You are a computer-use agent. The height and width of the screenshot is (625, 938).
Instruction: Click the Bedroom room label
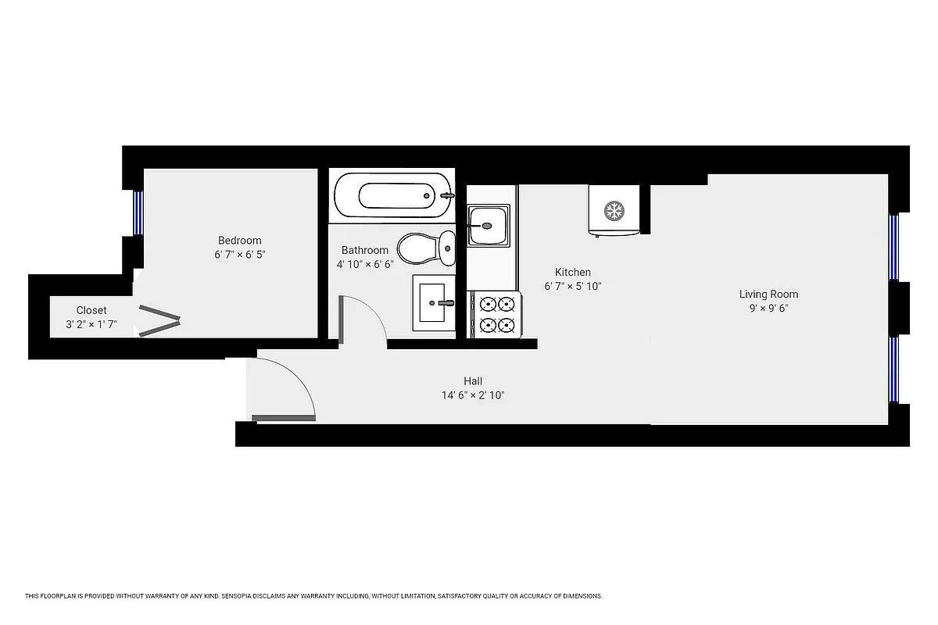[239, 241]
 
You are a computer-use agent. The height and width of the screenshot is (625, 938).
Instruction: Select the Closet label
[91, 310]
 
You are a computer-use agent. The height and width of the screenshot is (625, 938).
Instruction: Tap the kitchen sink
[489, 225]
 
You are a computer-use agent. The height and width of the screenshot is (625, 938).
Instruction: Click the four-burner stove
[496, 314]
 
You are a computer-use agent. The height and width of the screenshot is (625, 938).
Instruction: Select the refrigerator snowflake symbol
[614, 210]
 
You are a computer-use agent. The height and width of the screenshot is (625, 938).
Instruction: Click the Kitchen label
[573, 272]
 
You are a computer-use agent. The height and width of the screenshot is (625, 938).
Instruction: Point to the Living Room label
[768, 295]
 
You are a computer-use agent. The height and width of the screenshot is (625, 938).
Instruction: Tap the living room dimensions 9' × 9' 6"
[768, 309]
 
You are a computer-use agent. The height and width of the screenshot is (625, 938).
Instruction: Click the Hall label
[472, 381]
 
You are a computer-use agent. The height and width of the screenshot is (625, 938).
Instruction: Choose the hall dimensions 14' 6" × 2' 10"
[472, 395]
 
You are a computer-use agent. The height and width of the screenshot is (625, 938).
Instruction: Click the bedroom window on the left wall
[138, 212]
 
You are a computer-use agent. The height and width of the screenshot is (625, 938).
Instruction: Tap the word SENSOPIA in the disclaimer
[245, 596]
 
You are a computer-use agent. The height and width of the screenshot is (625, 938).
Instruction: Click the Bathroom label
[364, 250]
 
